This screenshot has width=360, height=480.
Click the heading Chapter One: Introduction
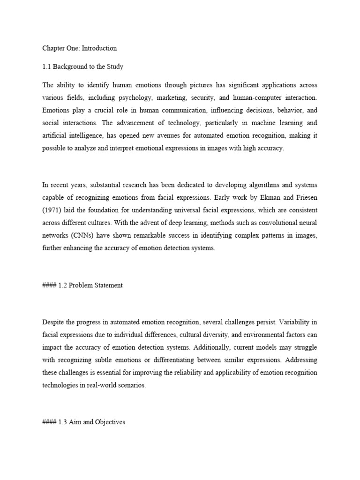(x=79, y=48)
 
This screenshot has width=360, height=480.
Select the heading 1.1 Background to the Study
(x=82, y=67)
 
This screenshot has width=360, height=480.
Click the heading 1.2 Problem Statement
(x=82, y=285)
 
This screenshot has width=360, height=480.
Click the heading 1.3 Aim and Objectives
(x=83, y=422)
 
